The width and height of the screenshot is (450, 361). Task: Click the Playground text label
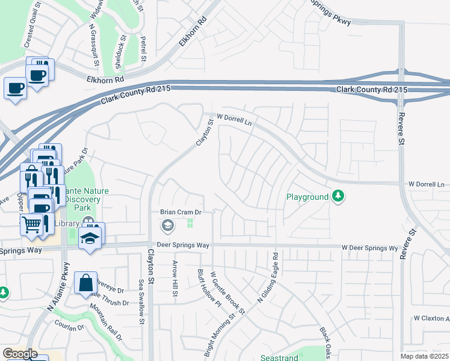click(x=307, y=197)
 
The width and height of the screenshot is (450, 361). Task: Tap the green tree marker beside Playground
click(x=338, y=196)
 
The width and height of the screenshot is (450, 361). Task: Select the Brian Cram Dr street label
click(x=179, y=212)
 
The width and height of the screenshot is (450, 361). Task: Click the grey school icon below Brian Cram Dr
click(x=168, y=226)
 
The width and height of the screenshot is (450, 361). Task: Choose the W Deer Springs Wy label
click(x=369, y=248)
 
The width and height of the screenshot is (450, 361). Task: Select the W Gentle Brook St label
click(x=229, y=293)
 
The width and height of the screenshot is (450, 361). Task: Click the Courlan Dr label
click(x=68, y=328)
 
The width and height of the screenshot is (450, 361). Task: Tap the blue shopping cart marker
click(x=32, y=224)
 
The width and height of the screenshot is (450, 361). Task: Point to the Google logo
click(x=20, y=354)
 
